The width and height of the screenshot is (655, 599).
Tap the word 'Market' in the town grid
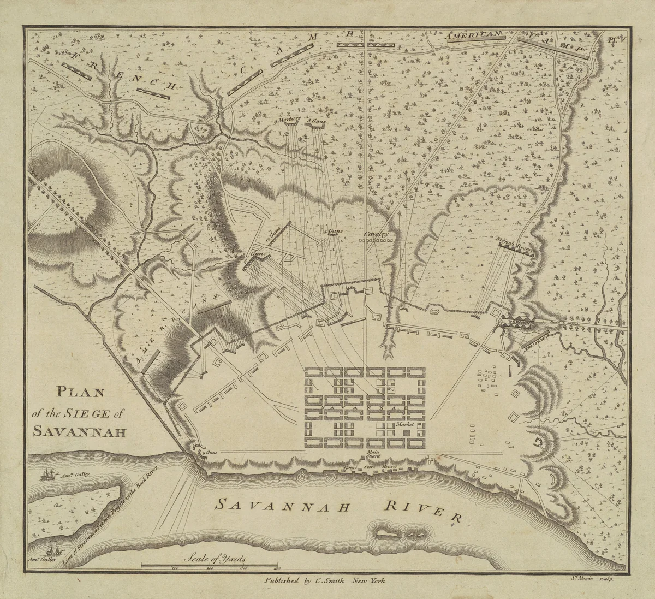click(x=406, y=424)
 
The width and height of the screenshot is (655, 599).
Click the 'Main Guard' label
click(x=373, y=455)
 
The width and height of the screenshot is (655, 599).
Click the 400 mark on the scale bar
click(x=273, y=569)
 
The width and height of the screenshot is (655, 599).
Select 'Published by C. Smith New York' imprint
click(x=325, y=582)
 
